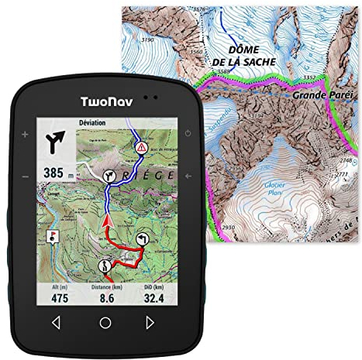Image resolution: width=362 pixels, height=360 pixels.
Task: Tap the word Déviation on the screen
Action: click(93, 123)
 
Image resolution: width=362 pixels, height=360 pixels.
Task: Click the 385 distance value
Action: click(53, 173)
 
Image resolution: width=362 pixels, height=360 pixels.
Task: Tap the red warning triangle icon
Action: click(141, 146)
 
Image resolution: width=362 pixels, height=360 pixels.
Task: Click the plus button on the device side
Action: click(25, 135)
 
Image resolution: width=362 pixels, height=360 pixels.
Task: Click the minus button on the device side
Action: click(25, 177)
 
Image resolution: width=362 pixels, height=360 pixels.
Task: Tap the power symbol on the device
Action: click(188, 135)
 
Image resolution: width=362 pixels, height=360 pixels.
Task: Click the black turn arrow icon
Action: click(56, 143)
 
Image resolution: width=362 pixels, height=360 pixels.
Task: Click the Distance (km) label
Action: click(108, 285)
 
